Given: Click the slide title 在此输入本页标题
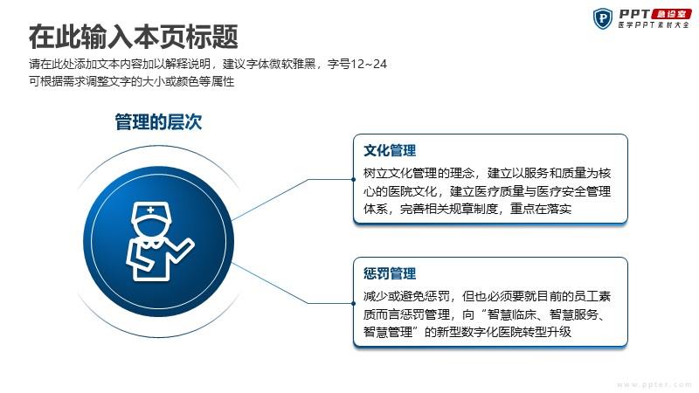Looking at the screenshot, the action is coord(134,37).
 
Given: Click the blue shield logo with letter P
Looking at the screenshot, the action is coord(603,18).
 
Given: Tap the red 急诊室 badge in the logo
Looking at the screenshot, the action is coord(671,14).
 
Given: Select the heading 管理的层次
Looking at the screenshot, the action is coord(158,121).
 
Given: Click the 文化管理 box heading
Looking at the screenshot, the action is coord(390,150).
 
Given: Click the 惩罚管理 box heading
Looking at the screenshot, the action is coord(390,273).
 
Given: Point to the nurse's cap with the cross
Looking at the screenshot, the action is coord(151,212).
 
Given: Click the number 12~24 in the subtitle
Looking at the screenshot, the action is coord(369,64).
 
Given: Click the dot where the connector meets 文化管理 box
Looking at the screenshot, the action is coord(354,180).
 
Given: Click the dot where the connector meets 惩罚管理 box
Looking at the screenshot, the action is coord(354,303).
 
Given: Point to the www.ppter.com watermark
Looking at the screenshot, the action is coord(654,384).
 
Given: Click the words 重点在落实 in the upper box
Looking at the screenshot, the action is coord(541,209).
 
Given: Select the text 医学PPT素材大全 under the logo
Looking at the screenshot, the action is coord(654,25).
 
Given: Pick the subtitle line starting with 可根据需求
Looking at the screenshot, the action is coord(132,81).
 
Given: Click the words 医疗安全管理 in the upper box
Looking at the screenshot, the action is coord(574,191).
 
